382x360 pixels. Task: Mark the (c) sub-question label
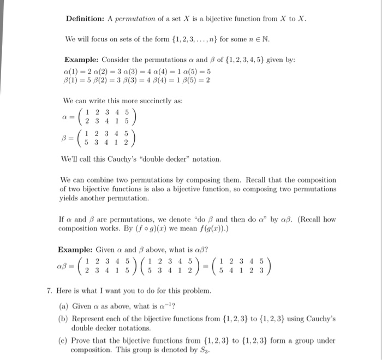[63, 340]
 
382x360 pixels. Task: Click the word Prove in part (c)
[81, 340]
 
